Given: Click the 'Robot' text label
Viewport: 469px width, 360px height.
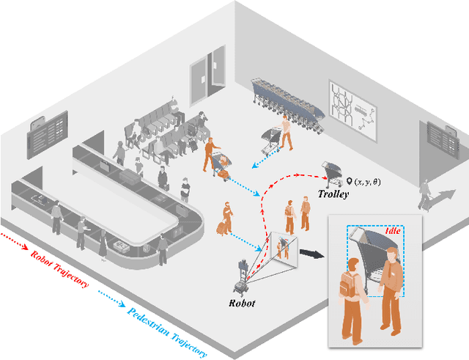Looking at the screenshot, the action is pos(241,301).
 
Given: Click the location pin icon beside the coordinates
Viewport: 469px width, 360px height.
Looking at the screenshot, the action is pos(350,180).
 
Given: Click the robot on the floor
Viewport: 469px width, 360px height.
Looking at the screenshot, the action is pos(240,274).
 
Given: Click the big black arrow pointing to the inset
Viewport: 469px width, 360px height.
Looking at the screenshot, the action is pos(311,254).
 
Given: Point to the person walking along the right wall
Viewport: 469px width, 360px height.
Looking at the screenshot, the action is pos(424,194).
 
